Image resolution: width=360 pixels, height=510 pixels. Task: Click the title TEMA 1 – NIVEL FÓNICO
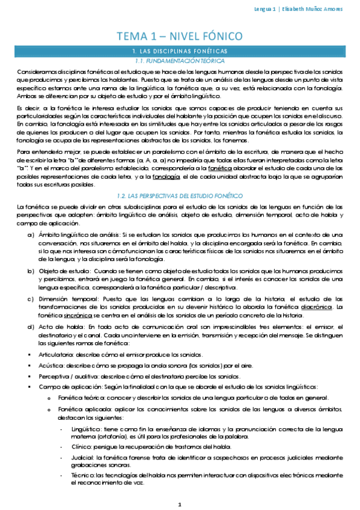180,35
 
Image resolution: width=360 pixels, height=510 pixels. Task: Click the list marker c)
31,298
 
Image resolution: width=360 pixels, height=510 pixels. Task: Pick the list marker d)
31,326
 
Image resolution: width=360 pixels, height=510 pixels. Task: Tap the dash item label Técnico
83,476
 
